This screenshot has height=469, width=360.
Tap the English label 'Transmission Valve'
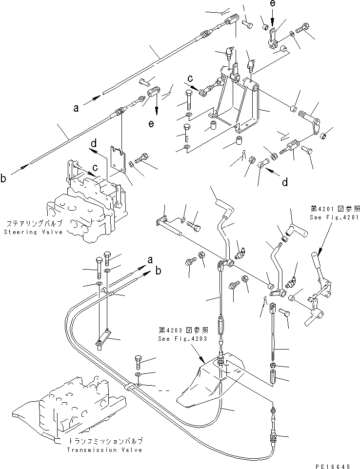105,450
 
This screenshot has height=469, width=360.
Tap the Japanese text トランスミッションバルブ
105,441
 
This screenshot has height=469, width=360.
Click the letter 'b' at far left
4,179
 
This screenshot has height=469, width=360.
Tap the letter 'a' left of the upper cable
76,108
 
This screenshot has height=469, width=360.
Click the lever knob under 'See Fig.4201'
317,259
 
